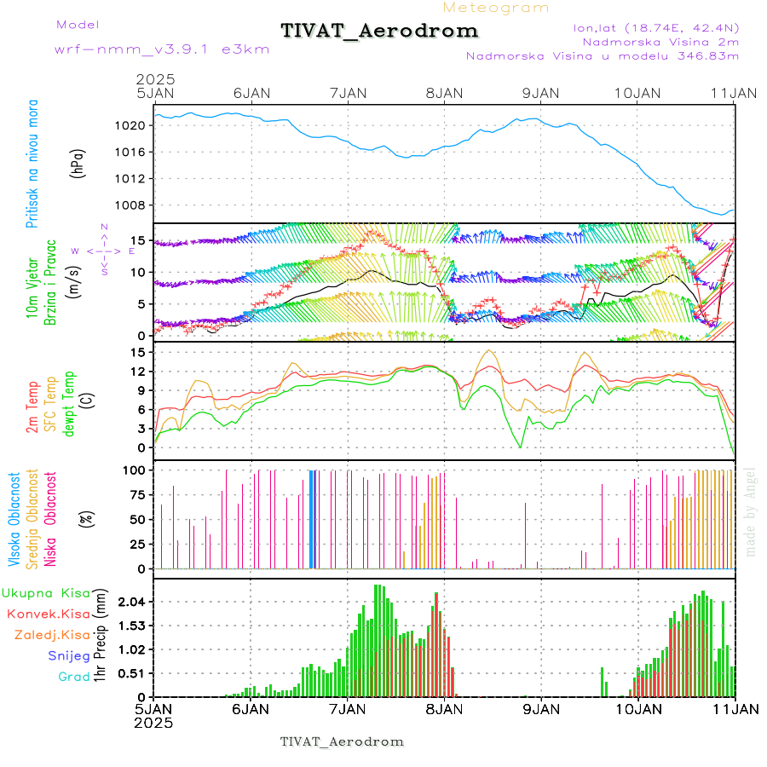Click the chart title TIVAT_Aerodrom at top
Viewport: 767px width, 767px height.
379,31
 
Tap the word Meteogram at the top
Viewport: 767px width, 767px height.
497,8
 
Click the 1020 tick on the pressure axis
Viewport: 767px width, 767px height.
137,126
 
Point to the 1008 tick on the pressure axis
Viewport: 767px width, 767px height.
137,205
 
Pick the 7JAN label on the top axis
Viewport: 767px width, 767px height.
348,93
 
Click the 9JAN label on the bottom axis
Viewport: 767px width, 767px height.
540,708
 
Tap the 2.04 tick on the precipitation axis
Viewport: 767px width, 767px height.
134,602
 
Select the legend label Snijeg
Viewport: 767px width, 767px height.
68,655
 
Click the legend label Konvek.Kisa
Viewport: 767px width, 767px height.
48,614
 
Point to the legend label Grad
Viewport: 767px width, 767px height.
74,677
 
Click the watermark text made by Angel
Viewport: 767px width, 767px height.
750,511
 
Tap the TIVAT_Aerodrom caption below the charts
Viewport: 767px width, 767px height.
342,741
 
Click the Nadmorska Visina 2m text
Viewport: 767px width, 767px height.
660,41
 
